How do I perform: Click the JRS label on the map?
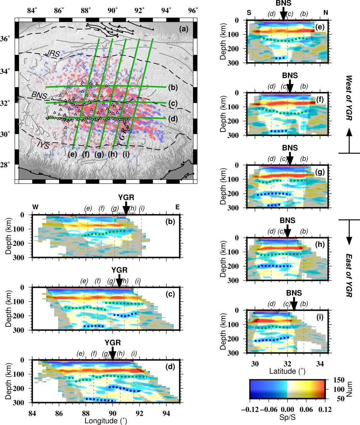click(52, 54)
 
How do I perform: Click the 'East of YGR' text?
click(348, 273)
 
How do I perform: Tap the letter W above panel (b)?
click(35, 207)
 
